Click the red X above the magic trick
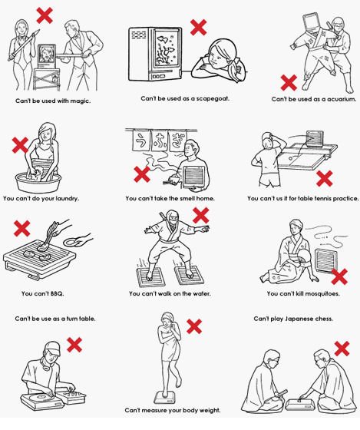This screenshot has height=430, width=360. (45, 15)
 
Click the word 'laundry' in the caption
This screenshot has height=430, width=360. (67, 198)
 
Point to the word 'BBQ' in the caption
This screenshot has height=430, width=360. (57, 293)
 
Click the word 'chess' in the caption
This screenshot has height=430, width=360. (324, 319)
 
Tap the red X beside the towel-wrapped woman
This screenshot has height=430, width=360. (194, 326)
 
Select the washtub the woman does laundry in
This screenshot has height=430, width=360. (38, 181)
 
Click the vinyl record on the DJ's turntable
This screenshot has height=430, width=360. (40, 397)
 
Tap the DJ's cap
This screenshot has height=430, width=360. (53, 348)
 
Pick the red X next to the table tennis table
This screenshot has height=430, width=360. (325, 178)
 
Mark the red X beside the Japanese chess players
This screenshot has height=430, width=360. (342, 349)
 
